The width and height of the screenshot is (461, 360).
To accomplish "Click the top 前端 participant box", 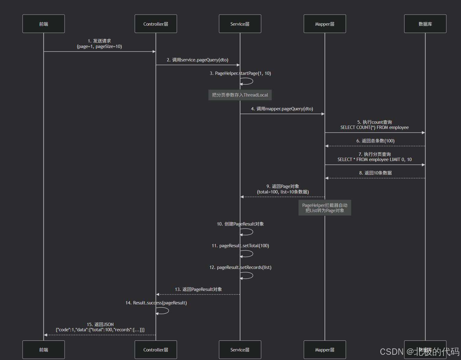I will [43, 24].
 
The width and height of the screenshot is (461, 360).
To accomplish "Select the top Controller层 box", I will [156, 24].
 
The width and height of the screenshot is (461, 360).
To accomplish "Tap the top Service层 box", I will [240, 24].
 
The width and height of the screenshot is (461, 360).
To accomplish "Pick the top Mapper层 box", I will [325, 24].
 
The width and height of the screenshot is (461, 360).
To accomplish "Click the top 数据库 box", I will [425, 24].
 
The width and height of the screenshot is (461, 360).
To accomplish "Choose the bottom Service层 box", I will [240, 350].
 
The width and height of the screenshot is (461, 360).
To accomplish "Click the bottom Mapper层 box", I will [325, 350].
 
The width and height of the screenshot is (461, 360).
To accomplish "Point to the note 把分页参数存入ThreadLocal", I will [240, 95].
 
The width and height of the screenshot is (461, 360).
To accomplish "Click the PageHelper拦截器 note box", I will [325, 208].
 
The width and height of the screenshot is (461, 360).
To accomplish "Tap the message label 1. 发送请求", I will [99, 41].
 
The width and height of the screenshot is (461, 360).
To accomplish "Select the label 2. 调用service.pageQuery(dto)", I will [198, 60].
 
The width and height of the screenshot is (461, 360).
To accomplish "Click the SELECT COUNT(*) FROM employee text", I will [374, 127].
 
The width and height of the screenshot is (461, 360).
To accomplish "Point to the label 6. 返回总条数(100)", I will [375, 141].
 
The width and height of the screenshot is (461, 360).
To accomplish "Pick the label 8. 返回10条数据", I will [375, 173].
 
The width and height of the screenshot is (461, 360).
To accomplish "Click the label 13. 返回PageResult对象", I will [198, 289].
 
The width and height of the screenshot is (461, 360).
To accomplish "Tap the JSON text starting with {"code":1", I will [100, 330].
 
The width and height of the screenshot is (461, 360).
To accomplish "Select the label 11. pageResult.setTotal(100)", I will [240, 246].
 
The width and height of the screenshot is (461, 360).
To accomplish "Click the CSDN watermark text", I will [419, 352].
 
